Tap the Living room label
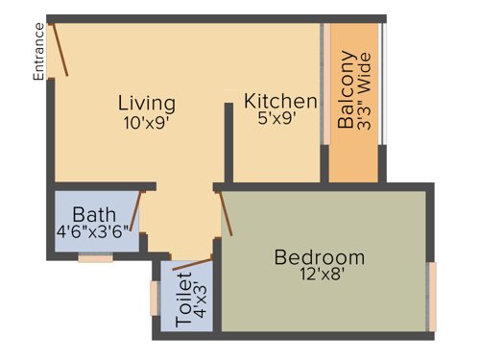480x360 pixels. point(147,103)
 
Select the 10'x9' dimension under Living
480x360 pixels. point(147,123)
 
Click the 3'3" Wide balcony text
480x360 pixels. point(364,101)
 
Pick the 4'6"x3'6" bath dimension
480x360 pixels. point(93,230)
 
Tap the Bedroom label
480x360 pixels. point(320,257)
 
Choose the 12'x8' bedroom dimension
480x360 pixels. point(320,276)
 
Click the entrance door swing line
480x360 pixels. point(60,49)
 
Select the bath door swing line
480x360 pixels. point(139,213)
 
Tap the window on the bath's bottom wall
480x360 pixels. point(95,257)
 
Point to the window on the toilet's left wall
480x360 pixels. point(155,298)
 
